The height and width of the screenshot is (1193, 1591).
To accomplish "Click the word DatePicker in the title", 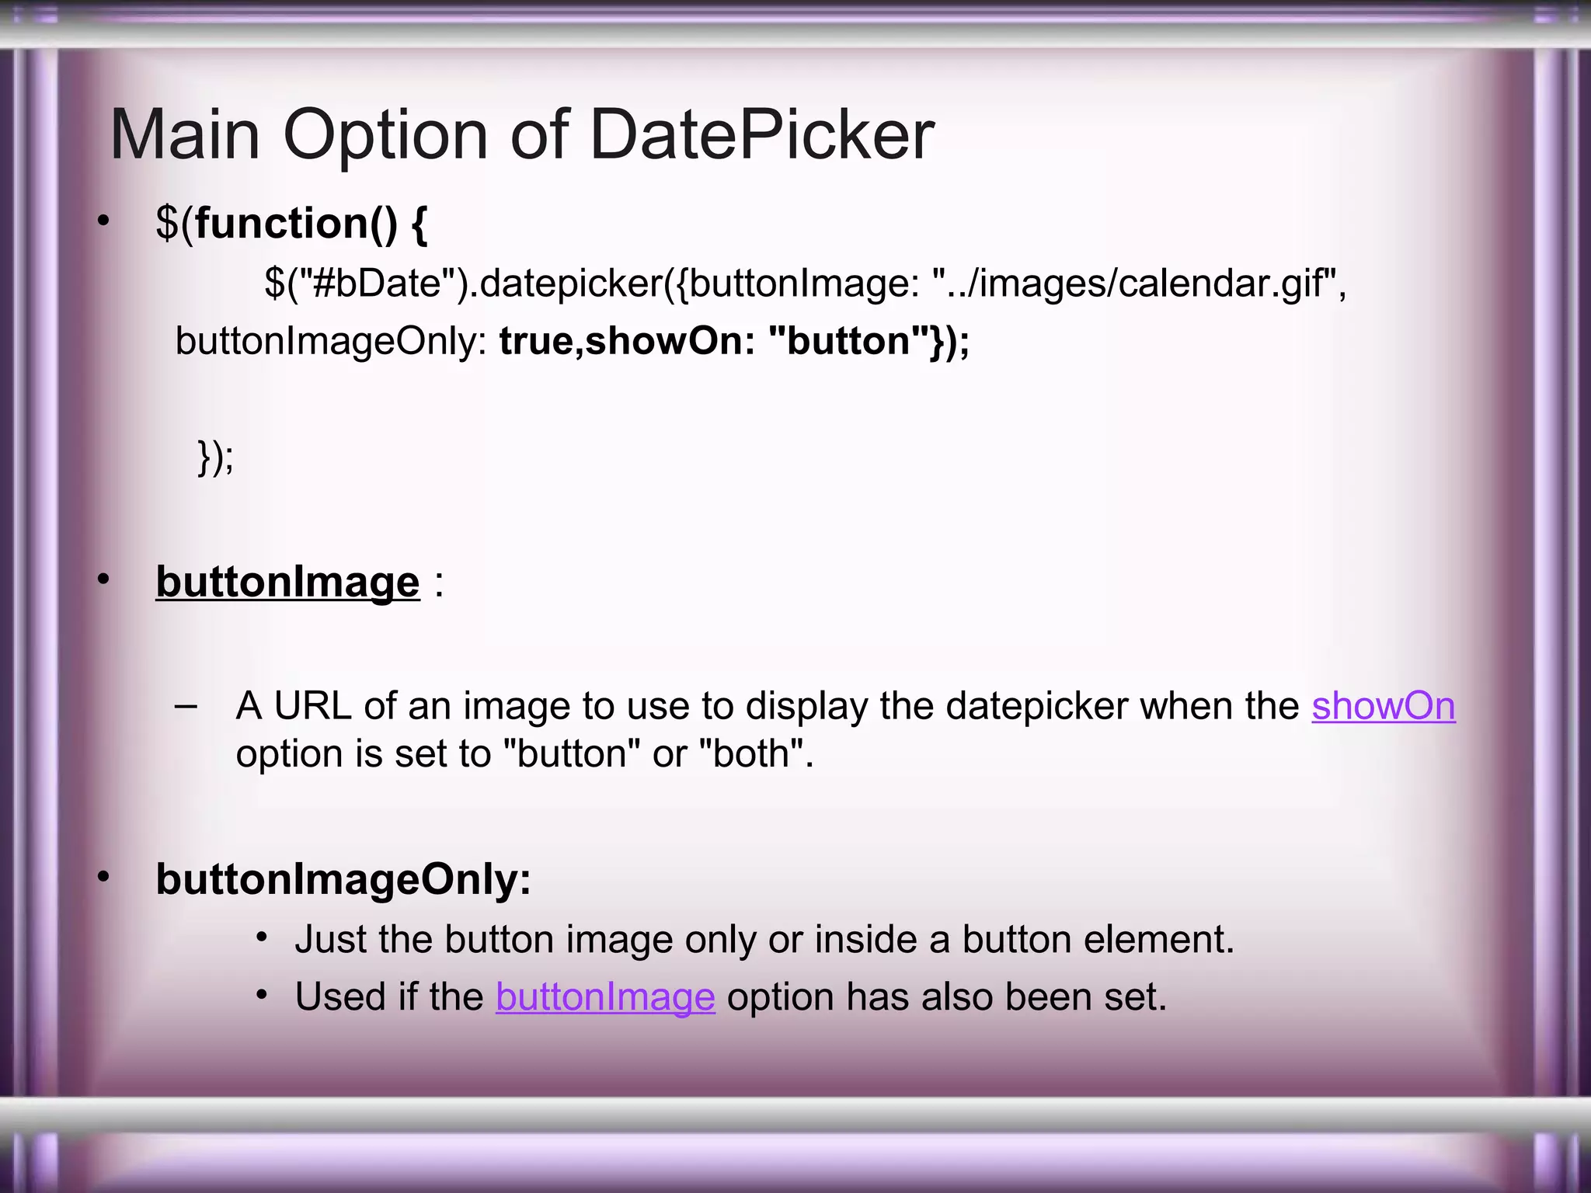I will tap(762, 135).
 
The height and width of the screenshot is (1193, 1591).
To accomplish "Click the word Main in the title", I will tap(185, 135).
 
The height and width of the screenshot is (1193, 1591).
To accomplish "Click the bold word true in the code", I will tap(538, 341).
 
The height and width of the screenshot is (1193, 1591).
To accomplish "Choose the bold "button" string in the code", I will tap(848, 341).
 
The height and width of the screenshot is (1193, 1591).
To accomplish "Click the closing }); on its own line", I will tap(215, 457).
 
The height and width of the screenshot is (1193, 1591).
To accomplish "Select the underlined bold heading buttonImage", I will tap(287, 582).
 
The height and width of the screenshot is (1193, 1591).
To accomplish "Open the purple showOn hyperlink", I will tap(1383, 706).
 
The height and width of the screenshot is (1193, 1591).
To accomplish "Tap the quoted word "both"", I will tap(750, 753).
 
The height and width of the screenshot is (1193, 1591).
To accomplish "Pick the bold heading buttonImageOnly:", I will tap(343, 879).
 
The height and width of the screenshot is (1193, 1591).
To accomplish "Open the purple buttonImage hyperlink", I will tap(605, 996).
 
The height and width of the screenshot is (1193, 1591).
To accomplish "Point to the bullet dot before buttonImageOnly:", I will tap(103, 877).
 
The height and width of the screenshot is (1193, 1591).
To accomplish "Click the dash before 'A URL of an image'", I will tap(186, 706).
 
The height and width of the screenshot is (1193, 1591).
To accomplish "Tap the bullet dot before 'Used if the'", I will tap(262, 995).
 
